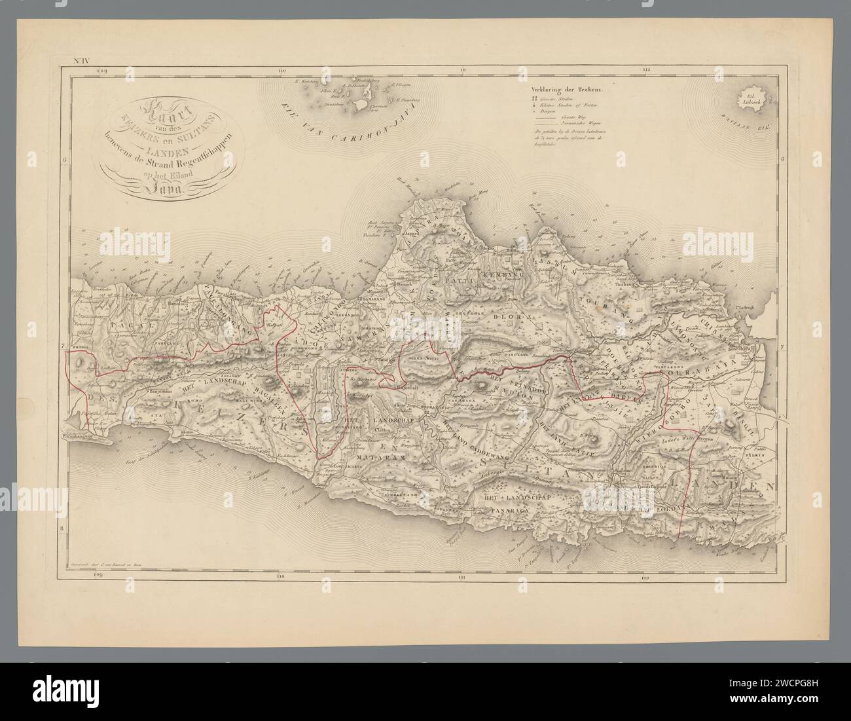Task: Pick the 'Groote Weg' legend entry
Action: (571, 115)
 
